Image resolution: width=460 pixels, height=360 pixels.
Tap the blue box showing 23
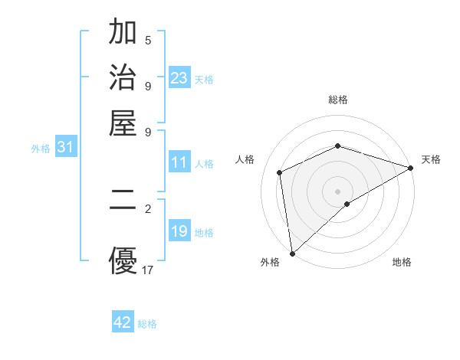pyautogui.click(x=179, y=78)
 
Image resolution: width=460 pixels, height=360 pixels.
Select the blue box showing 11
pyautogui.click(x=179, y=163)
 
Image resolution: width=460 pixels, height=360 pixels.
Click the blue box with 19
pyautogui.click(x=179, y=232)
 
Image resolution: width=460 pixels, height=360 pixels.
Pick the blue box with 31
pyautogui.click(x=65, y=148)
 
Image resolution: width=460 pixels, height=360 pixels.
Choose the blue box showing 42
pyautogui.click(x=123, y=322)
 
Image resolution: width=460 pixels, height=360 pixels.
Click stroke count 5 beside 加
pyautogui.click(x=148, y=40)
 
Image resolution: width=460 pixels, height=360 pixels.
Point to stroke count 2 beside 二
pyautogui.click(x=148, y=208)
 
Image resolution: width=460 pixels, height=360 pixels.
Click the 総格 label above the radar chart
pyautogui.click(x=338, y=100)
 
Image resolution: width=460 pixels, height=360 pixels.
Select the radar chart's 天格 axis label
pyautogui.click(x=431, y=159)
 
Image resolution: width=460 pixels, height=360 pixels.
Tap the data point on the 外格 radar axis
pyautogui.click(x=292, y=253)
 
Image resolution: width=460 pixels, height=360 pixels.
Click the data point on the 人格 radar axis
pyautogui.click(x=280, y=172)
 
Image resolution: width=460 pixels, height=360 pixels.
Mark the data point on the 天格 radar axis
pyautogui.click(x=410, y=168)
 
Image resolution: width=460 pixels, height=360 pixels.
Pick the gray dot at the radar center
pyautogui.click(x=337, y=191)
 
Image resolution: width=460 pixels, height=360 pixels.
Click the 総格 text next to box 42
pyautogui.click(x=147, y=324)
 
